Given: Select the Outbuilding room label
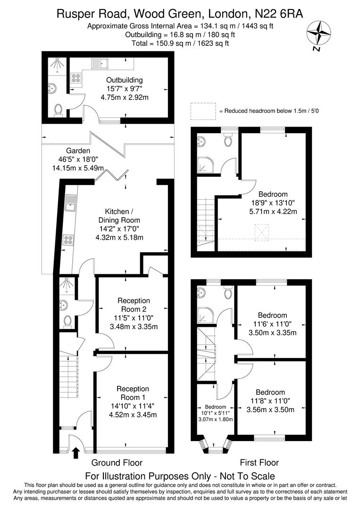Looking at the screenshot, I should coord(124,80).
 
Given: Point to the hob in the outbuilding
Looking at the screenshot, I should coord(75,78).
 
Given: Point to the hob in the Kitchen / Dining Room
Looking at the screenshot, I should coord(68,240).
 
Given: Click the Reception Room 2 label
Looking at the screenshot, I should coord(134,305).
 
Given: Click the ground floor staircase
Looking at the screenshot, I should coord(68,373).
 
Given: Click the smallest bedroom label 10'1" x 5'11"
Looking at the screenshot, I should coord(215,413).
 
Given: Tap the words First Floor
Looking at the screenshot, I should coord(259,462).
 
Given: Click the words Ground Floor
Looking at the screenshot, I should coord(117,462).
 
